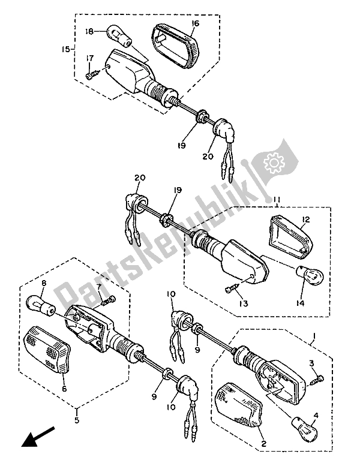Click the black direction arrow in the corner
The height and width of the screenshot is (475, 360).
tap(37, 436)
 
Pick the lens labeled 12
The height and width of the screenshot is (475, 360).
tap(287, 237)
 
